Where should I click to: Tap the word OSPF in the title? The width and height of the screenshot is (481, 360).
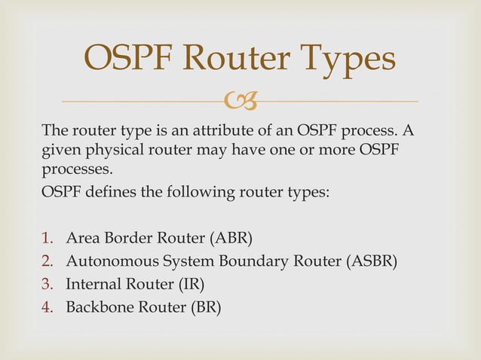click(x=130, y=59)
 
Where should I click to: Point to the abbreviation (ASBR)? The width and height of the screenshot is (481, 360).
click(x=371, y=262)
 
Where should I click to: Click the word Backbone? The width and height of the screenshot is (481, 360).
click(x=97, y=307)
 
